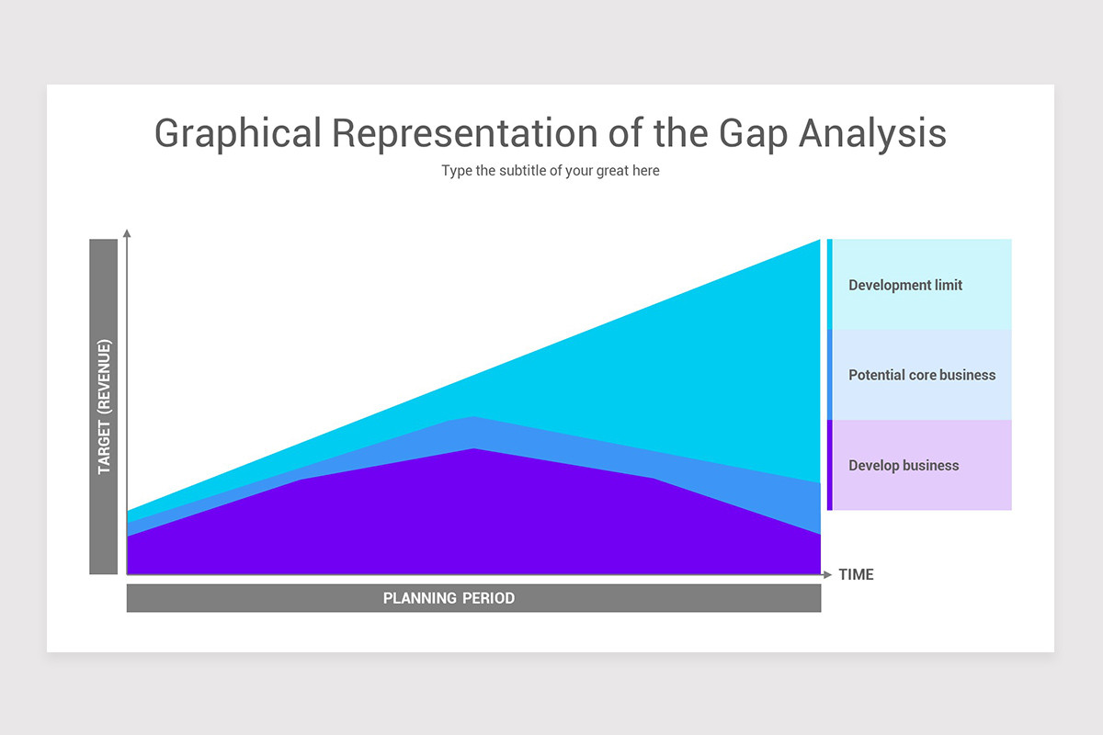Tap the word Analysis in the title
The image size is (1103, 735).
pos(872,133)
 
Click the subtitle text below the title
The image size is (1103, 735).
pos(550,171)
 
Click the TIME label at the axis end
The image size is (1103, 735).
pos(856,574)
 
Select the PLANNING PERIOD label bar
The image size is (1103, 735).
pos(473,598)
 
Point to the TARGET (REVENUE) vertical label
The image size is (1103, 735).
pos(104,407)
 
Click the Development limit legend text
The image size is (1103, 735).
pos(905,285)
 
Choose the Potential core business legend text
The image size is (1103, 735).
pos(922,375)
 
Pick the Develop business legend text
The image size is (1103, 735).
pos(904,466)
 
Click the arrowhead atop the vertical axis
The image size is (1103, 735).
pos(127,232)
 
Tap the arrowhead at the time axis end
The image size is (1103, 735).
pos(827,574)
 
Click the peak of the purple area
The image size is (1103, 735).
pos(474,449)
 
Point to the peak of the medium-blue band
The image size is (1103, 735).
pos(472,418)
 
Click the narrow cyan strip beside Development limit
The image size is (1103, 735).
pos(829,284)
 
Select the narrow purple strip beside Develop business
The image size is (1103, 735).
pos(829,465)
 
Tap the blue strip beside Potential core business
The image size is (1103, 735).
pos(829,375)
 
